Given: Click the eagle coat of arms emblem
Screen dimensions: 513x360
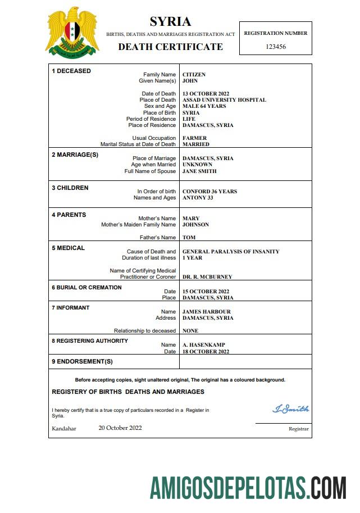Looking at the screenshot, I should point(72,33).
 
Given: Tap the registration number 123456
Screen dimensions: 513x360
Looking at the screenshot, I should point(275,47).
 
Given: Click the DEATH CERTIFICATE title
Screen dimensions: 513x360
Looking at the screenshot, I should point(170,47).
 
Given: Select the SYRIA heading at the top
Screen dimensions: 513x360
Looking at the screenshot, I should point(170,22).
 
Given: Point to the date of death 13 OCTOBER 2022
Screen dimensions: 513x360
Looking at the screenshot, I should point(206,94).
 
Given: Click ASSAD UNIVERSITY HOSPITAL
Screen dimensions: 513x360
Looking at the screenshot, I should point(224,100).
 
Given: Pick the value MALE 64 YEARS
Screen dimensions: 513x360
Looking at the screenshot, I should point(204,106).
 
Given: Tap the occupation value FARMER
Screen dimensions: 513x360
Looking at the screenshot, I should point(194,138).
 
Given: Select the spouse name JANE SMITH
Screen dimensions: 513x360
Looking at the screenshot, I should point(199,171).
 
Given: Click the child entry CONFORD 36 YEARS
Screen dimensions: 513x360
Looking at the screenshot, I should point(209,192).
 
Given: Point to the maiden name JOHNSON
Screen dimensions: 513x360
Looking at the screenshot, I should point(195,225).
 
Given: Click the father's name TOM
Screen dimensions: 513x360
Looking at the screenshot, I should point(189,238).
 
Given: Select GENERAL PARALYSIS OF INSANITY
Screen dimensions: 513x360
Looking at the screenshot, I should point(231,252).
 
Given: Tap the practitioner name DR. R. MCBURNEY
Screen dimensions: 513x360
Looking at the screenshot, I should point(207,277).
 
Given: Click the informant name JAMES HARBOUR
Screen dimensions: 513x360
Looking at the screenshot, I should point(206,312).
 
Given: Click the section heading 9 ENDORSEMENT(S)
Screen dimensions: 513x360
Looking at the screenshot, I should point(82,361).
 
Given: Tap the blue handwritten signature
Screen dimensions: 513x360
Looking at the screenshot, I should point(290,409).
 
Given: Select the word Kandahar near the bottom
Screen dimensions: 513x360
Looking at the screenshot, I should point(63,429).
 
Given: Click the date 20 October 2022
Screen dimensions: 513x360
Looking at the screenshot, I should point(120,428).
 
